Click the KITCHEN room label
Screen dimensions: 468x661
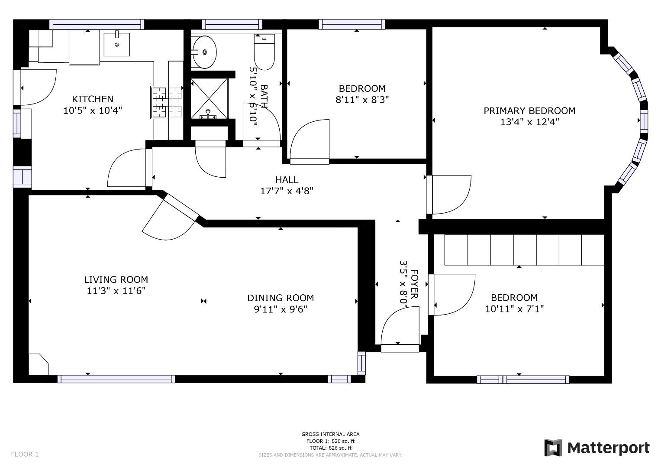click(93, 99)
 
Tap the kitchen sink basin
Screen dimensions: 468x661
click(116, 44)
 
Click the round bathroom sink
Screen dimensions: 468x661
click(204, 52)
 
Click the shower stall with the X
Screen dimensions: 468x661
click(209, 98)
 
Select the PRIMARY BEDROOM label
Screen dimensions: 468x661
click(529, 110)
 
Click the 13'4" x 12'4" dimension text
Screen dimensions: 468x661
click(529, 122)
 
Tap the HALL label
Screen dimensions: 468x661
click(287, 179)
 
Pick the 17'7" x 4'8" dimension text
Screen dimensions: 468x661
click(287, 191)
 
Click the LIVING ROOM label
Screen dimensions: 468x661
click(116, 279)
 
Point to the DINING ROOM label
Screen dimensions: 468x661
click(281, 298)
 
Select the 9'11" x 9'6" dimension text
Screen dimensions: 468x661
click(281, 309)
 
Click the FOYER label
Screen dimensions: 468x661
click(414, 284)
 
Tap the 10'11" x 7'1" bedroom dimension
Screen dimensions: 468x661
click(514, 309)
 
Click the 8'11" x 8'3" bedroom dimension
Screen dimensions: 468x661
click(362, 100)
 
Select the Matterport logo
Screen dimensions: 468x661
click(597, 448)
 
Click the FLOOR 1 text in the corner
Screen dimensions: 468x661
click(25, 454)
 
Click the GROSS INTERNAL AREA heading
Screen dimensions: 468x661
click(330, 434)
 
